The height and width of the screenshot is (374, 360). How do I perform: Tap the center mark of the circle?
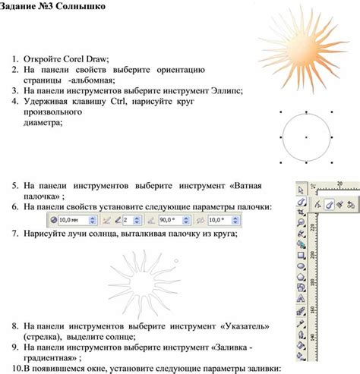[x=305, y=137]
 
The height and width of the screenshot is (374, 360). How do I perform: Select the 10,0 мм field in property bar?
[x=73, y=219]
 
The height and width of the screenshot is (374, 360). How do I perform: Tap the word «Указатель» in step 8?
[x=248, y=325]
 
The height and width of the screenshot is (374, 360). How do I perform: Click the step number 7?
[x=15, y=234]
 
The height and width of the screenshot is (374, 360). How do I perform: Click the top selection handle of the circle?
[x=305, y=111]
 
